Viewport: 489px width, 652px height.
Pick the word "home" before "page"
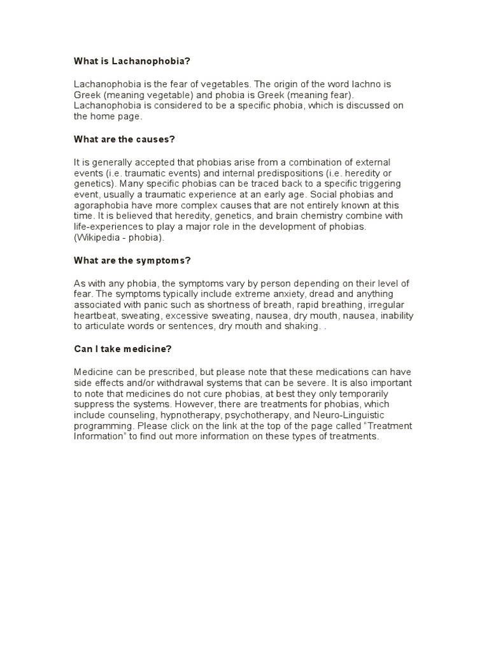[x=101, y=117]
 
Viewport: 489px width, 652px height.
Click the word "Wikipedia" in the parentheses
[x=99, y=237]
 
